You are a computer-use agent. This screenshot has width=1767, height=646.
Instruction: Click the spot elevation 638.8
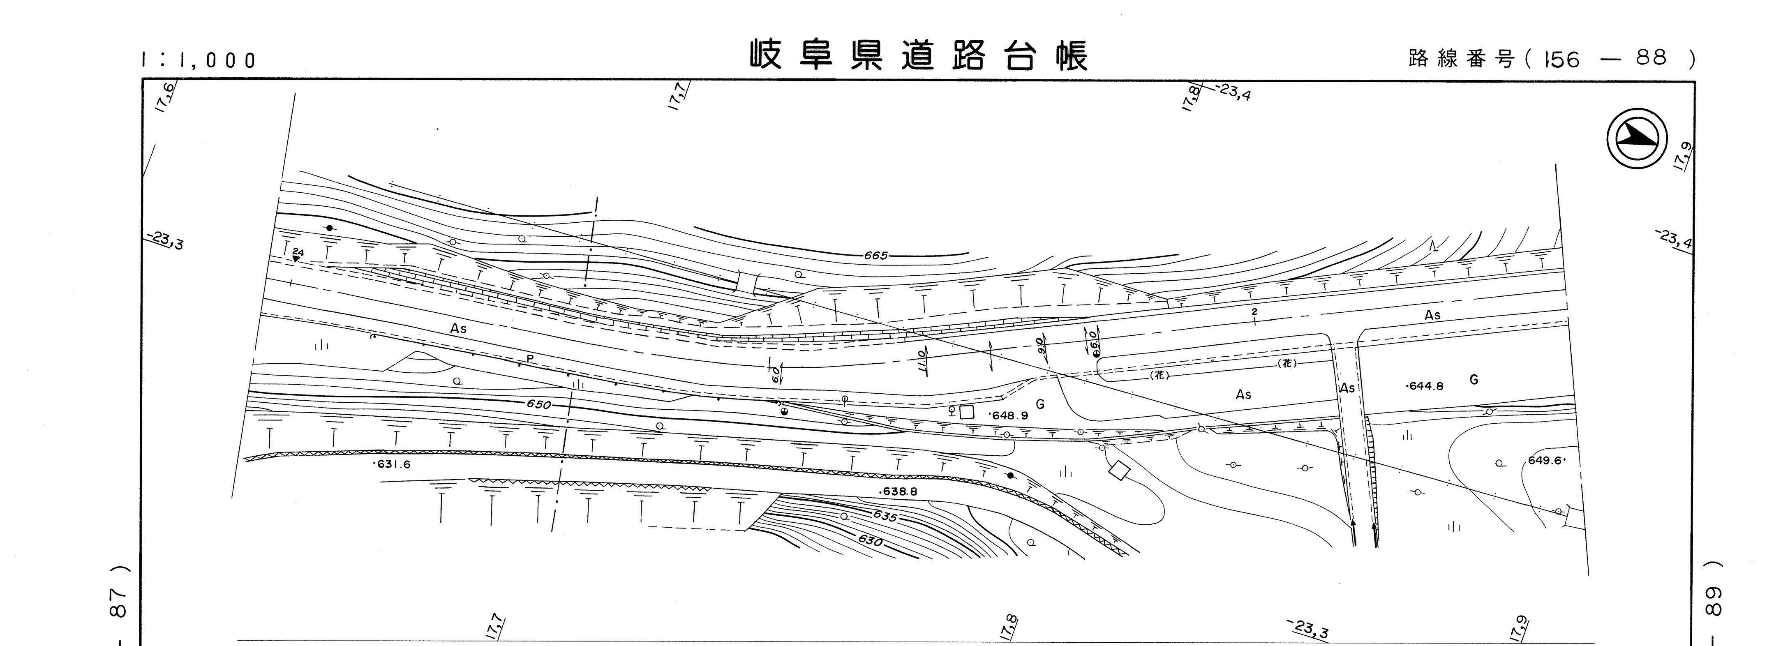(899, 492)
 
